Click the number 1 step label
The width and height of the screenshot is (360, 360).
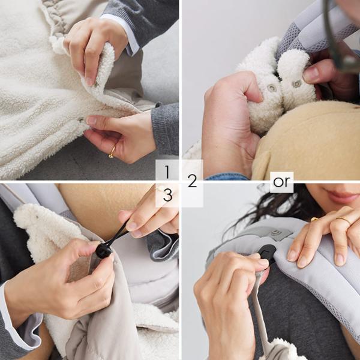tap(167, 172)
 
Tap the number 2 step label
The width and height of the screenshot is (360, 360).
tap(193, 181)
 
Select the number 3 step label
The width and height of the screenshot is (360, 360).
tap(167, 195)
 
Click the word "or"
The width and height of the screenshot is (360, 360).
tap(281, 182)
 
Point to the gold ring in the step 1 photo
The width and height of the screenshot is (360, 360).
tap(113, 152)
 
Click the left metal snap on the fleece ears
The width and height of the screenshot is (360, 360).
tap(271, 88)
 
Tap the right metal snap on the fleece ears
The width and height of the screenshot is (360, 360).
tap(296, 84)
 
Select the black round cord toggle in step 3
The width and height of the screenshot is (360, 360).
tap(104, 250)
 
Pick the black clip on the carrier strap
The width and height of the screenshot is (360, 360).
tap(267, 253)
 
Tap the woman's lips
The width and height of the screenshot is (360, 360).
tap(342, 196)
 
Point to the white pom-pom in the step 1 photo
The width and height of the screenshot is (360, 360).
tap(57, 45)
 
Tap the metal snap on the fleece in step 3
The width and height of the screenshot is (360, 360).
tap(37, 216)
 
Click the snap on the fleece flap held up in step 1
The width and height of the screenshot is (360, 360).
tap(97, 84)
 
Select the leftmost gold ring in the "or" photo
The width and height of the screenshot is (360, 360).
tap(314, 219)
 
